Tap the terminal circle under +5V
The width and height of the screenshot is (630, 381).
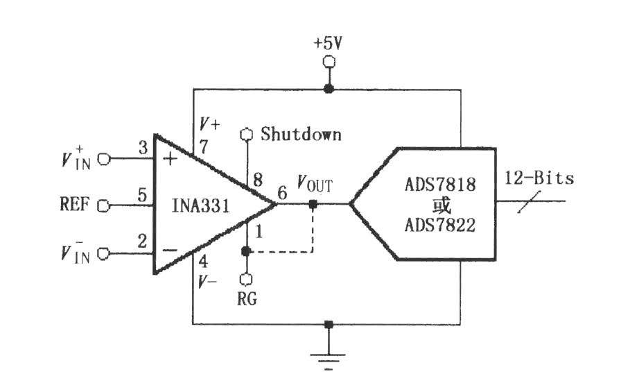pos(329,62)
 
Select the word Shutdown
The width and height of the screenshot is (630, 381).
pos(301,134)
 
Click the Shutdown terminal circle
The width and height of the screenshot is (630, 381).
pos(246,135)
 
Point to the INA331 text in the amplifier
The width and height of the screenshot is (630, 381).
pos(200,205)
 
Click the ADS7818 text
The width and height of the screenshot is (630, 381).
pos(440,185)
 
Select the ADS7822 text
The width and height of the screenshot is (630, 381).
pos(440,225)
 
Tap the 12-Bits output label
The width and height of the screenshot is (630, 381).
pos(539,178)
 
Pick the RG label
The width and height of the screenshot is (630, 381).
pos(247,298)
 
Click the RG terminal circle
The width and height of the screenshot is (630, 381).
pos(246,279)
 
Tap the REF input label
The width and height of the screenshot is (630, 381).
pos(74,204)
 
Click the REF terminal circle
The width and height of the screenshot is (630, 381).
pos(104,206)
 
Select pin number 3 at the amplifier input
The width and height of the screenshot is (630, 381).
pos(143,148)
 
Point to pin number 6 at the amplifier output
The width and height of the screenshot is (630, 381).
pos(283,193)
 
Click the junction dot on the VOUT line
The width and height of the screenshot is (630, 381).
pos(313,204)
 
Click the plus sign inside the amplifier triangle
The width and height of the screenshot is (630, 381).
pos(170,159)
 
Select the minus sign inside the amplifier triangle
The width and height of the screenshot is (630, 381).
pos(170,251)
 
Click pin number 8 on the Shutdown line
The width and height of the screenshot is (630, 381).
pos(258,180)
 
